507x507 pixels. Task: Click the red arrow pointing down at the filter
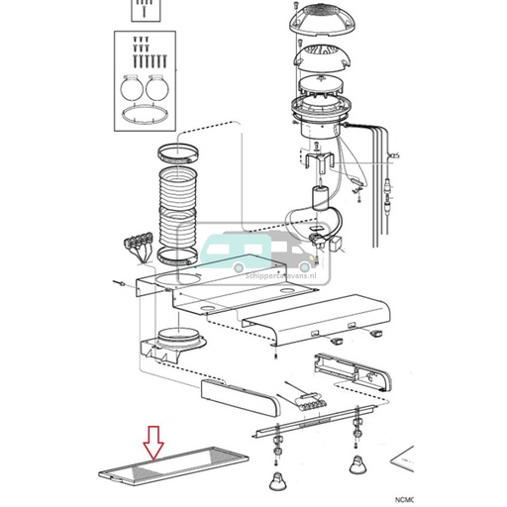pos(152,442)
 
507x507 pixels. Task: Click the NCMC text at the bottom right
pos(489,500)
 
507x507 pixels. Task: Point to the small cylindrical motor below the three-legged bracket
pos(320,198)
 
